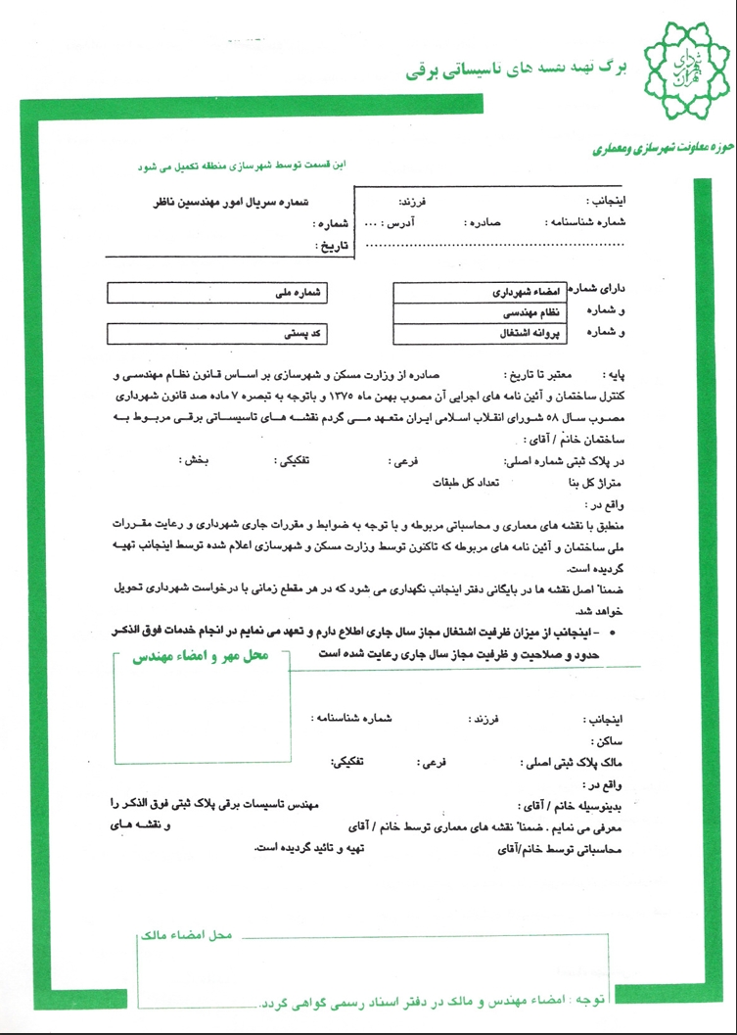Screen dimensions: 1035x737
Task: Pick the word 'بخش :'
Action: [x=196, y=458]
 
